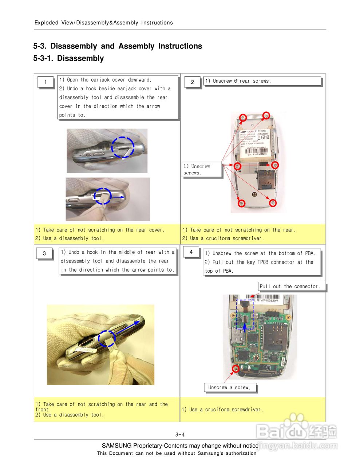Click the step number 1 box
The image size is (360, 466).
pyautogui.click(x=46, y=82)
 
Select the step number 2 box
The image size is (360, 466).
pyautogui.click(x=193, y=82)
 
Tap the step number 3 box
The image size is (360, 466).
pyautogui.click(x=44, y=253)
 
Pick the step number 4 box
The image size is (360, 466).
pyautogui.click(x=191, y=252)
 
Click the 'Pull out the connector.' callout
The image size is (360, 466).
pyautogui.click(x=290, y=287)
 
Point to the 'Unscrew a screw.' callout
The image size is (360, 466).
pyautogui.click(x=230, y=388)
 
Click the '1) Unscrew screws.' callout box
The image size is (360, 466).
pyautogui.click(x=201, y=170)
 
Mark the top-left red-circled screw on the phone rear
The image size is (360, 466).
pyautogui.click(x=243, y=117)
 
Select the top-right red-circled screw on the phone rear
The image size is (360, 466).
pyautogui.click(x=266, y=116)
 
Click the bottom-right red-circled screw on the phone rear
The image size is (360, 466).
pyautogui.click(x=273, y=203)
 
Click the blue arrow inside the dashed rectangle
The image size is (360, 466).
pyautogui.click(x=245, y=326)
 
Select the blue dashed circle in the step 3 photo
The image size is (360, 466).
pyautogui.click(x=107, y=339)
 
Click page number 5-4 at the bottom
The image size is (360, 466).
pyautogui.click(x=180, y=435)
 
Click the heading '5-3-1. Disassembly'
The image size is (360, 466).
pyautogui.click(x=68, y=59)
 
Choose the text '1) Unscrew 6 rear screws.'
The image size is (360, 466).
pyautogui.click(x=238, y=81)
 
